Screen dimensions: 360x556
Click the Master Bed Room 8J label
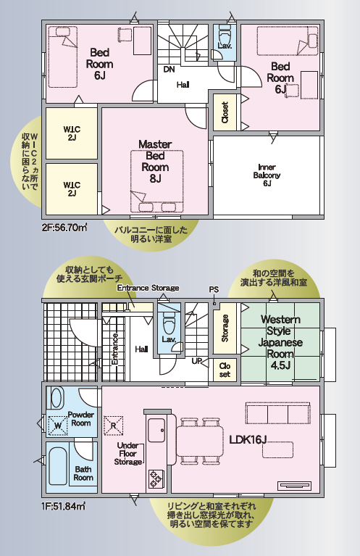(x=155, y=162)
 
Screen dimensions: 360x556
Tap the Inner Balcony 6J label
(x=267, y=175)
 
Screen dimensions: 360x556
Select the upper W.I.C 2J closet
(x=72, y=133)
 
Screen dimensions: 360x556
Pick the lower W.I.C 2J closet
(x=72, y=188)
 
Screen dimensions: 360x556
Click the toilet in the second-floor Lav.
(x=224, y=37)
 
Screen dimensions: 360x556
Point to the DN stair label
(x=169, y=70)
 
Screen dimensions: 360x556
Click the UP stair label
(x=196, y=361)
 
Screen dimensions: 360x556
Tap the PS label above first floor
(x=214, y=290)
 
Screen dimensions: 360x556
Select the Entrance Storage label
(x=148, y=288)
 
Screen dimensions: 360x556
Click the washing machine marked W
(x=57, y=425)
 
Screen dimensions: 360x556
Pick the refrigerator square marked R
(x=114, y=425)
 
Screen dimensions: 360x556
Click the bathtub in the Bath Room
(x=56, y=466)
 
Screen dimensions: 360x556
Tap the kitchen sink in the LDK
(x=156, y=430)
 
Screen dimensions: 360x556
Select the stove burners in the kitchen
(x=155, y=478)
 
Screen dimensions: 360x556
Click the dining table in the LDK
(x=200, y=441)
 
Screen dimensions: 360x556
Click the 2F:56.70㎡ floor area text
(x=64, y=228)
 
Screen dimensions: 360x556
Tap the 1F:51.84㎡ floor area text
(x=63, y=506)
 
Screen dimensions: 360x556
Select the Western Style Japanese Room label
(x=280, y=342)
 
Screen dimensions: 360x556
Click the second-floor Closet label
(x=225, y=112)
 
